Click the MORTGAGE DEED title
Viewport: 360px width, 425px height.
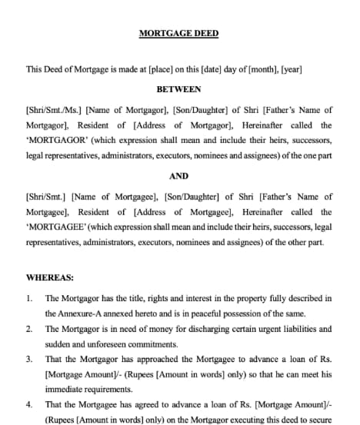click(178, 33)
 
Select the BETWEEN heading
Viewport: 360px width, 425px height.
click(178, 89)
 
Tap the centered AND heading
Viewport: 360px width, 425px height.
click(178, 176)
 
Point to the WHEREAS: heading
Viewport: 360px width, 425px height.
click(48, 276)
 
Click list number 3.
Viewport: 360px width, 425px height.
click(29, 359)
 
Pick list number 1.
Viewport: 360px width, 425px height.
click(29, 298)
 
